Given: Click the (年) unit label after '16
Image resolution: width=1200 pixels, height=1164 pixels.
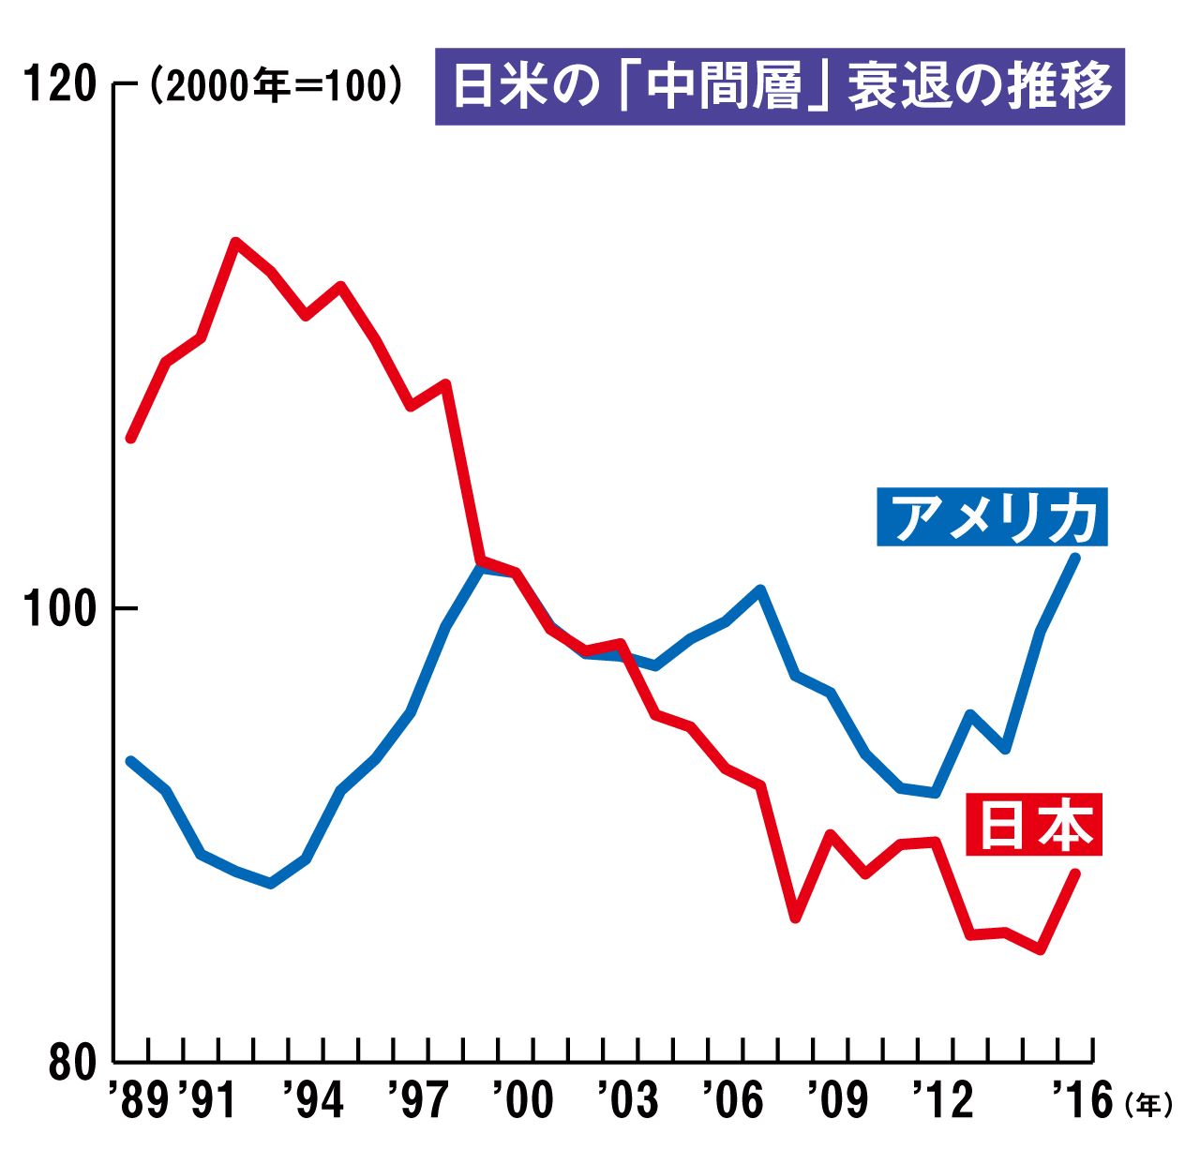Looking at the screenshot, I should (x=1147, y=1106).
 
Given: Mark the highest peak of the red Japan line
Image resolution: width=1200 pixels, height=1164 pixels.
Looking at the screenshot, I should (x=236, y=242).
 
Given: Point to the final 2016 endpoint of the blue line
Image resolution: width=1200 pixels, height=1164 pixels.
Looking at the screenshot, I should (x=1076, y=558).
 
